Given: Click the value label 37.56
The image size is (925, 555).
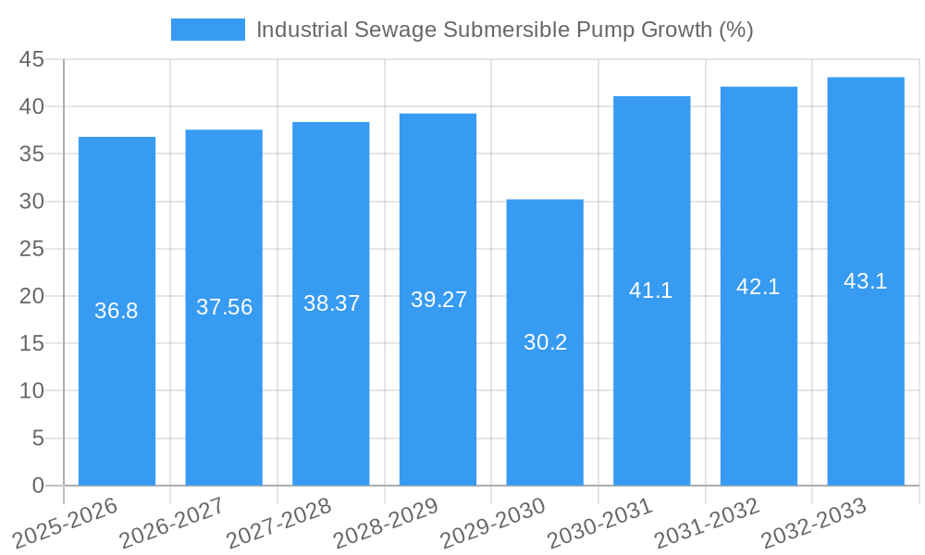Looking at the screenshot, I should [224, 307].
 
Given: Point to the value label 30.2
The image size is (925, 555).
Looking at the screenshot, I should [545, 342].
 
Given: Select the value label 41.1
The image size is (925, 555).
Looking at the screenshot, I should [651, 290].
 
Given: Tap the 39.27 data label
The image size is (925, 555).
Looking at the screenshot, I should [438, 300].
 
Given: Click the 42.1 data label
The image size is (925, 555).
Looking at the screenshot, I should [758, 287].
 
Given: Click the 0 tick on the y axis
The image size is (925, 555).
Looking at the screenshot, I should [38, 486].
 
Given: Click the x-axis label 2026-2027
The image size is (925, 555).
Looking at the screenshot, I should [172, 523].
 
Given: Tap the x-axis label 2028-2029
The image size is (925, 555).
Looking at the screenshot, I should [386, 523].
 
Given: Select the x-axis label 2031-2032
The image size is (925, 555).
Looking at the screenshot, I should [708, 523].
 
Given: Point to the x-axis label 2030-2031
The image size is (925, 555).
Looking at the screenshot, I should [600, 523].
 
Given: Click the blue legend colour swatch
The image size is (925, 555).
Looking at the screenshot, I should [208, 30].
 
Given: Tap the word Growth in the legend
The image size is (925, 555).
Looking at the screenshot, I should [677, 30].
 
